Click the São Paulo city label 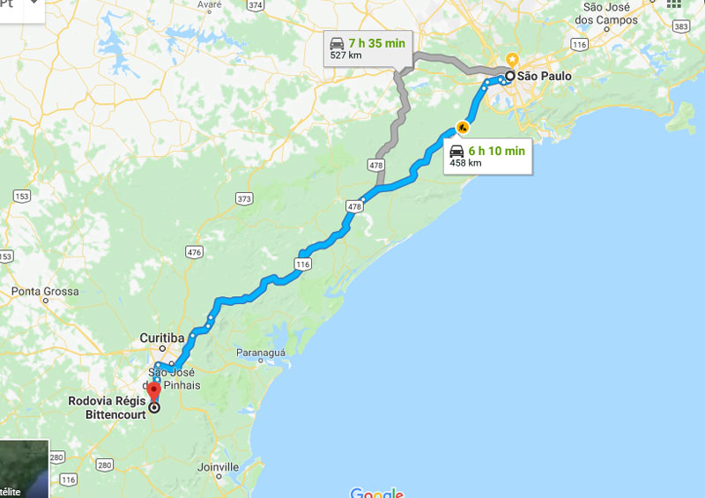(544, 77)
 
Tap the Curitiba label (162, 338)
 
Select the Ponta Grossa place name (45, 291)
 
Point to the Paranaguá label (261, 353)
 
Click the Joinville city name (219, 466)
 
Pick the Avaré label (210, 4)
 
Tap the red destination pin (154, 392)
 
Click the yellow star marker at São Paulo (511, 60)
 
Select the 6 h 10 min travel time (496, 151)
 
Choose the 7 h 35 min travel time (377, 42)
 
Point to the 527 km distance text (345, 55)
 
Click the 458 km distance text (465, 163)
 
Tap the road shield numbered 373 (244, 199)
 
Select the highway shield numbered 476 (194, 252)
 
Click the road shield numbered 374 (256, 5)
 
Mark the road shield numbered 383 (680, 27)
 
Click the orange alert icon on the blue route (462, 126)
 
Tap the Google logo (376, 492)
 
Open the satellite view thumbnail (24, 469)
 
